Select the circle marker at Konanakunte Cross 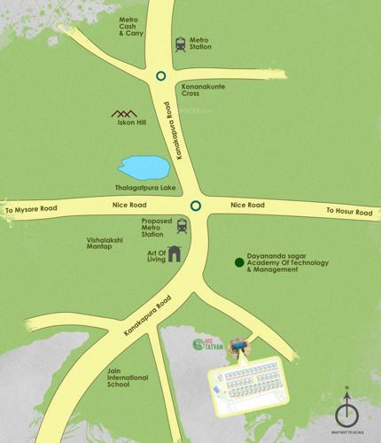point(160,76)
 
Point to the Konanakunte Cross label point(203,88)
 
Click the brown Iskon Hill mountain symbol point(123,113)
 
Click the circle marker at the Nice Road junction point(195,206)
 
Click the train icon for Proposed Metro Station point(182,226)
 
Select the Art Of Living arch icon point(175,253)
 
